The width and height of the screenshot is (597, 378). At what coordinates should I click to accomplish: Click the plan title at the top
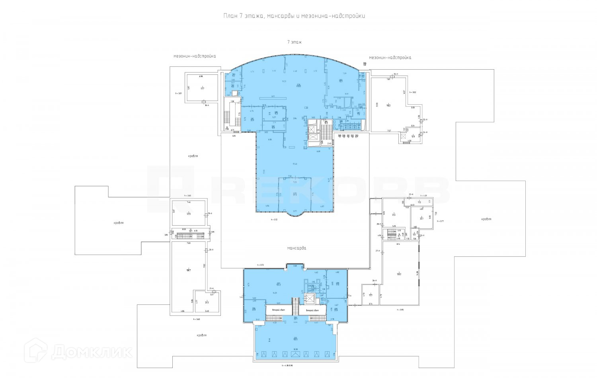click(294, 16)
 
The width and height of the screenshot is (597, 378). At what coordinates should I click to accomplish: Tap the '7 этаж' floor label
click(294, 41)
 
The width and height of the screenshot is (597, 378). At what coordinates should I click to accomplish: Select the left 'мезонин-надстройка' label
click(194, 56)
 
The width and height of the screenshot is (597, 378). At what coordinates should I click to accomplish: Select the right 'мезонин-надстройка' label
click(390, 57)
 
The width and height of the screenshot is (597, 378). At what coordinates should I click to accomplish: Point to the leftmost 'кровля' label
click(117, 223)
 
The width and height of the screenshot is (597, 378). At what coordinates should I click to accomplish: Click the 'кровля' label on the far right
click(486, 219)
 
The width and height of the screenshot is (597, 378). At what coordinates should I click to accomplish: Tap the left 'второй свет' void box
click(277, 310)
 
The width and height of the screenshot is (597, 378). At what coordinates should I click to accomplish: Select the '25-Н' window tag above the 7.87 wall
click(396, 74)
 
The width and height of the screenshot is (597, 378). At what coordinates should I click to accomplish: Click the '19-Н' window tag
click(211, 213)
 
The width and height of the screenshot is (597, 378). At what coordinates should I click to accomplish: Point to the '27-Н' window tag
click(378, 251)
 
